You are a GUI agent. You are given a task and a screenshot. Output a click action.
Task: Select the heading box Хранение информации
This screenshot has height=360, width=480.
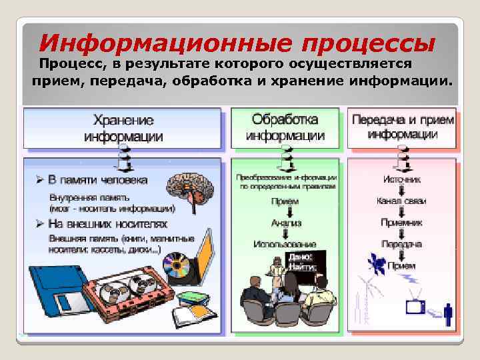click(x=123, y=129)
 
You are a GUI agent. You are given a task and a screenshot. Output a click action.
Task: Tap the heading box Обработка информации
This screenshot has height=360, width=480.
click(x=285, y=128)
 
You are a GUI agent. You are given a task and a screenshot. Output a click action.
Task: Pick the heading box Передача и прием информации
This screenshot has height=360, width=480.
click(x=402, y=127)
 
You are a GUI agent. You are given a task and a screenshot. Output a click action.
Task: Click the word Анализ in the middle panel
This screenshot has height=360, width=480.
click(x=286, y=223)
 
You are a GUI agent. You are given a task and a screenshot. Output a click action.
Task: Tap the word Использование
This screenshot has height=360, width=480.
click(x=285, y=245)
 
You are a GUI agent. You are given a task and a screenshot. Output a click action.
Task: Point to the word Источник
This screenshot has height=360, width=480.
click(x=401, y=179)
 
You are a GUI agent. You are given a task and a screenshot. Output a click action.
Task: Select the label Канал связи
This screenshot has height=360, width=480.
click(x=401, y=201)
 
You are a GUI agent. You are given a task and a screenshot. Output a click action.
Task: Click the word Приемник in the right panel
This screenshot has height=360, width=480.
click(x=401, y=223)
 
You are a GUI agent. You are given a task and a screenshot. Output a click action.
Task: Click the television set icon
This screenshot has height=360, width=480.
click(x=417, y=307)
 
